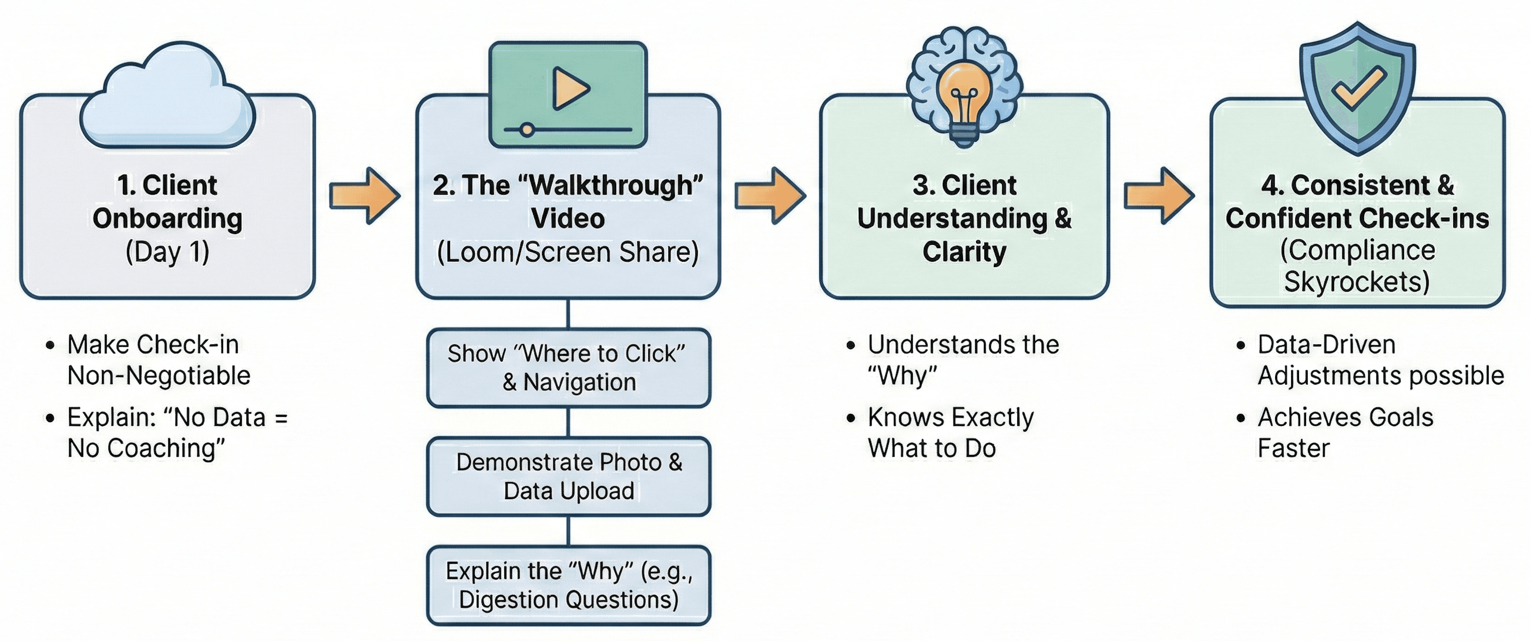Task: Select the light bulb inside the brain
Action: click(964, 98)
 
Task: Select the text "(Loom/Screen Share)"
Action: click(568, 251)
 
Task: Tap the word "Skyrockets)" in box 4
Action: click(1357, 281)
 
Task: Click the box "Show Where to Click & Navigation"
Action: click(568, 367)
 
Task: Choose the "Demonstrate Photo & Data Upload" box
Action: click(568, 476)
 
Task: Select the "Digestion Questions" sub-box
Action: click(568, 585)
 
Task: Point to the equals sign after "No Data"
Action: click(281, 418)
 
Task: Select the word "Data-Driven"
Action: click(1326, 345)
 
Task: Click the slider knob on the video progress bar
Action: click(526, 130)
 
